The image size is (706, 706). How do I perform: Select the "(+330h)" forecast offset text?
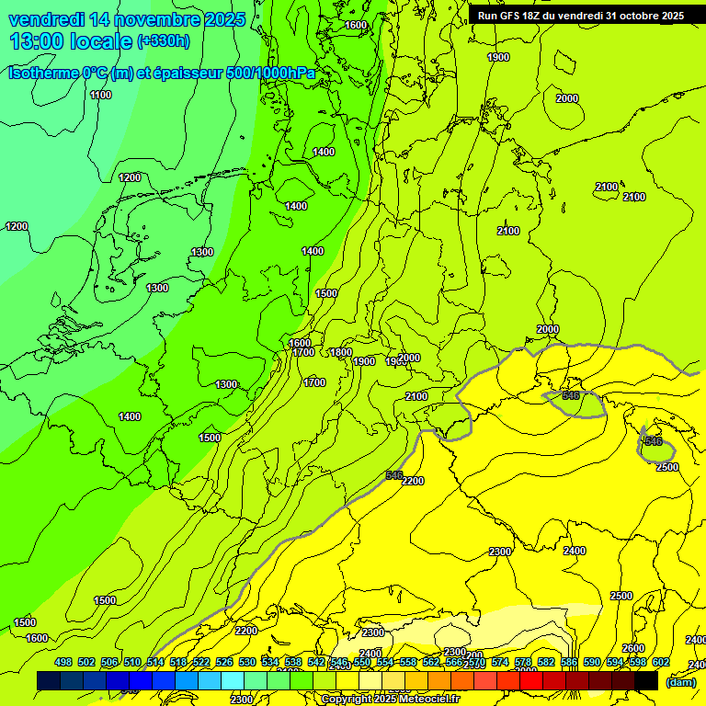coord(163,41)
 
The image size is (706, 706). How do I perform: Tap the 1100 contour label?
coord(101,95)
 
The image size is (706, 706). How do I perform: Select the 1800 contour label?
coord(341,352)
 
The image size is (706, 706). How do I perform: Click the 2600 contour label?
coord(632,648)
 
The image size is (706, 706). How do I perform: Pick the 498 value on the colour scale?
coord(63,663)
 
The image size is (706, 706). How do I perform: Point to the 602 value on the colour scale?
coord(661,663)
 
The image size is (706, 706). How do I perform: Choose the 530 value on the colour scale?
coord(247,663)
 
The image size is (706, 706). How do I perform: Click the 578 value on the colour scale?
coord(523,663)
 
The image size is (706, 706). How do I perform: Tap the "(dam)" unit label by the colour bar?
coord(681,681)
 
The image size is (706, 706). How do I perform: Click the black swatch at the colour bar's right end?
coord(646,681)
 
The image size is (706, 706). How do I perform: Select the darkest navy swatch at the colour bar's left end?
coord(49,681)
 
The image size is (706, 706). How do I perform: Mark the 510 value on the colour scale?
coord(132,663)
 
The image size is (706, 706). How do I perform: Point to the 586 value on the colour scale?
coord(569,663)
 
